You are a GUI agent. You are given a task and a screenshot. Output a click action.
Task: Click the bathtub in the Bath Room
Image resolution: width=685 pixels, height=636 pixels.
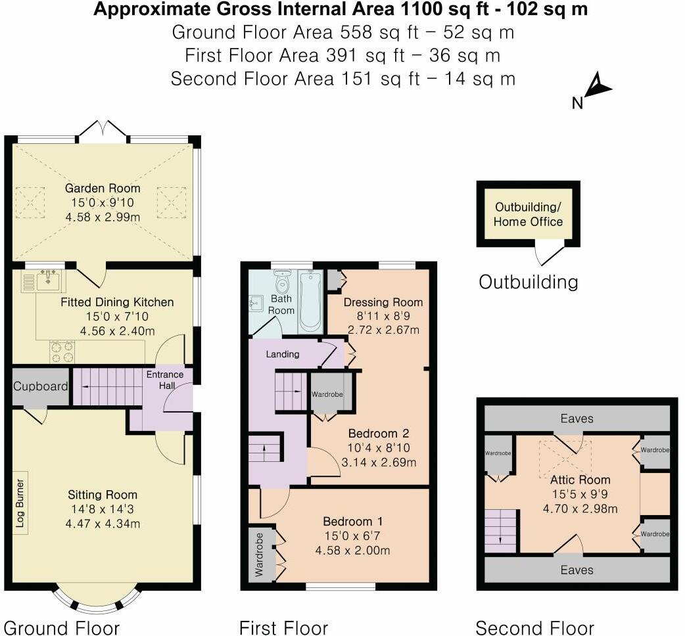point(309,302)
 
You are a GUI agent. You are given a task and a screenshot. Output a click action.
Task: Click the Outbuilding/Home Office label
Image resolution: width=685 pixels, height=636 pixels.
point(528,214)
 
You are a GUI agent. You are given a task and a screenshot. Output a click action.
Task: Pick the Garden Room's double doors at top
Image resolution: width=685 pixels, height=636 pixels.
point(101,131)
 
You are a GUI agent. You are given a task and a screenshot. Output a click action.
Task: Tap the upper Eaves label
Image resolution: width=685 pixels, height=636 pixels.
point(577,418)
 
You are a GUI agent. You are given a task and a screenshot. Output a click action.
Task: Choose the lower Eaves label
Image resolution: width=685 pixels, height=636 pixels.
point(577,570)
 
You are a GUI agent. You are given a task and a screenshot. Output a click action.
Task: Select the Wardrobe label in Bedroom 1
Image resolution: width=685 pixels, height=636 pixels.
point(258,554)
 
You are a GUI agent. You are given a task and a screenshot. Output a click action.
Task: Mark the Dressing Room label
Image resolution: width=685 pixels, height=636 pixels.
point(383,302)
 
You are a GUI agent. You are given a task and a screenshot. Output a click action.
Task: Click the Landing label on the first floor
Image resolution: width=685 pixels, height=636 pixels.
point(283,354)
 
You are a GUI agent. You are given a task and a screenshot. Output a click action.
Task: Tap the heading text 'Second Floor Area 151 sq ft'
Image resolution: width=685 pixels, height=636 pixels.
point(342,79)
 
